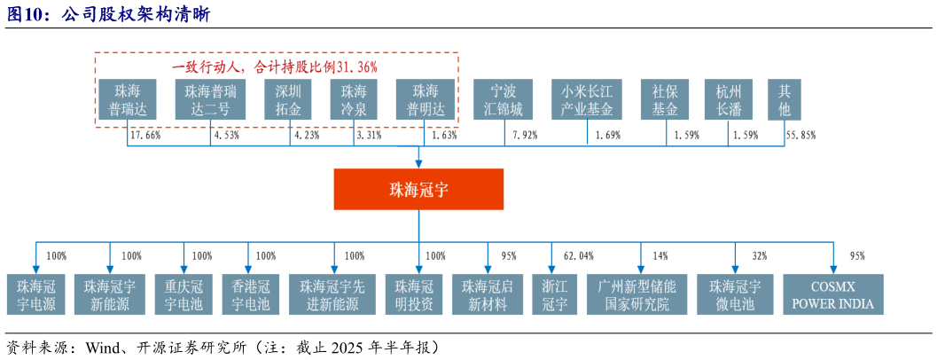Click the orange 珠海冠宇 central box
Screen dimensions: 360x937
418,189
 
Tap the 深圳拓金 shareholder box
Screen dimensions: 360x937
288,100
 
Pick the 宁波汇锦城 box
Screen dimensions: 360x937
503,100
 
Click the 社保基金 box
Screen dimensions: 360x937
665,100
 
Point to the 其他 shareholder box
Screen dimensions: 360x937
785,100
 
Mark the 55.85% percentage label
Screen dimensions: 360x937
800,136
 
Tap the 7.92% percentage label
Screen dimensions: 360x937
527,136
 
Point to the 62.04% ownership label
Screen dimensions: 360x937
578,256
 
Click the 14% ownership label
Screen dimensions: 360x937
660,256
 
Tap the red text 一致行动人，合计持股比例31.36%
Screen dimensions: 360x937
275,67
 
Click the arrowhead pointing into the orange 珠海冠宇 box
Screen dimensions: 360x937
418,163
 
